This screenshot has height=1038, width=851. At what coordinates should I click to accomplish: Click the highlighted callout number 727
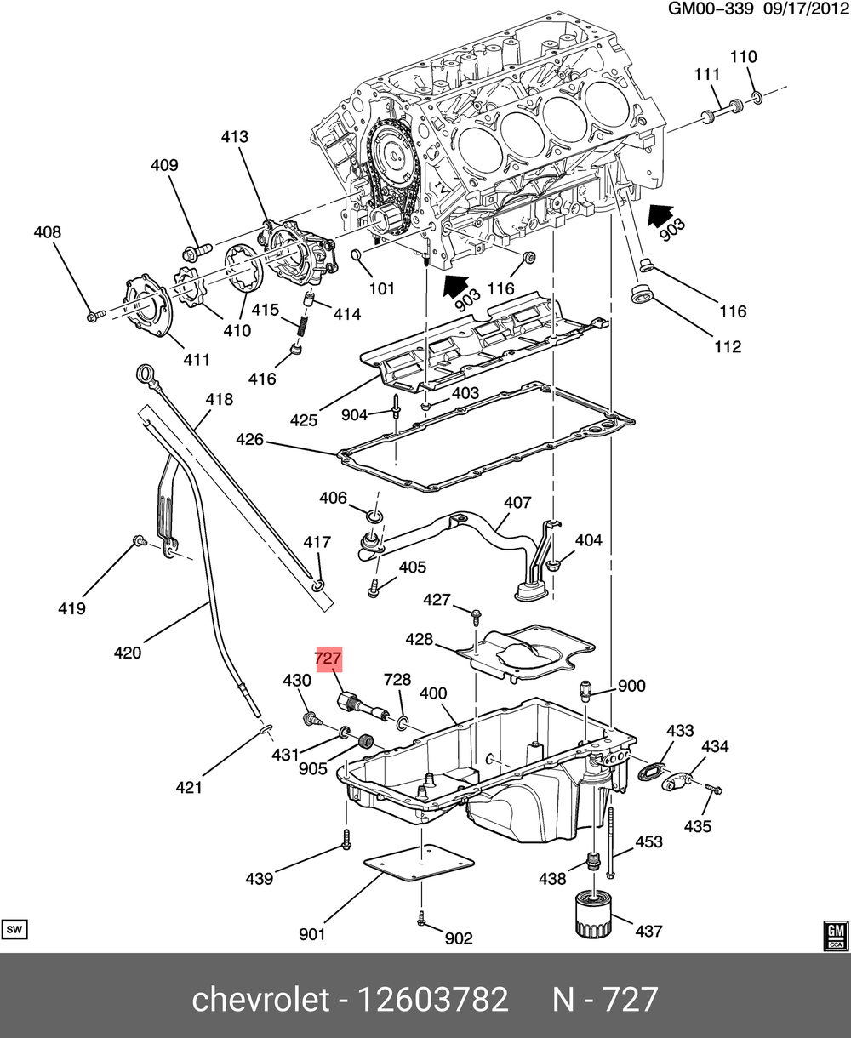click(328, 659)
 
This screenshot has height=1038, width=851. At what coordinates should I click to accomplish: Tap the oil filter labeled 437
click(590, 913)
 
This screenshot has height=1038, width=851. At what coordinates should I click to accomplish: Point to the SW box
click(14, 929)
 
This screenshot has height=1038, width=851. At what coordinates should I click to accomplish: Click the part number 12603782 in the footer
click(435, 999)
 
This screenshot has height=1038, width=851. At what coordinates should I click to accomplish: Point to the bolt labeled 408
click(94, 316)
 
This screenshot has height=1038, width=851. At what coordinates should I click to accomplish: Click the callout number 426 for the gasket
click(250, 440)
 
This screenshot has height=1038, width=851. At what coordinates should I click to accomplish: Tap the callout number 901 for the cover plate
click(312, 934)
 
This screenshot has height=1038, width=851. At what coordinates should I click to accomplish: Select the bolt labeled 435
click(713, 790)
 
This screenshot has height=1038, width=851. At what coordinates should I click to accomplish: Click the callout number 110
click(743, 57)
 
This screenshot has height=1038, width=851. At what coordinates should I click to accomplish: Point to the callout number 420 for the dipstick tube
click(127, 653)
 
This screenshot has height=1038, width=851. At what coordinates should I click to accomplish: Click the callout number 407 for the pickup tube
click(517, 503)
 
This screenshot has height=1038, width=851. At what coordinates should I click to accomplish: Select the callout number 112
click(728, 346)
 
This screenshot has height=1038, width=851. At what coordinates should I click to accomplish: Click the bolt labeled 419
click(136, 541)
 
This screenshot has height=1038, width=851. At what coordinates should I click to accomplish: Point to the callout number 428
click(419, 639)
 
